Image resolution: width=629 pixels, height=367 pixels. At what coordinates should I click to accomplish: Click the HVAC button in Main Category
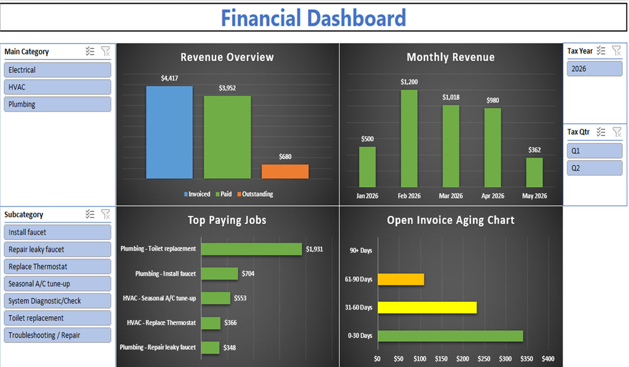(58, 87)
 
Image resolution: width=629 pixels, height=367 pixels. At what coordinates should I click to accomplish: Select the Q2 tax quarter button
(594, 168)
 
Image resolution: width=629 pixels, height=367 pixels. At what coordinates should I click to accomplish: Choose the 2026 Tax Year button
(594, 69)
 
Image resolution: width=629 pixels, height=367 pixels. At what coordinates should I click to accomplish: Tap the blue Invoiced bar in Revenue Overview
(169, 133)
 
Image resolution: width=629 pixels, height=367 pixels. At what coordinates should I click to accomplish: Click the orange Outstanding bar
(285, 171)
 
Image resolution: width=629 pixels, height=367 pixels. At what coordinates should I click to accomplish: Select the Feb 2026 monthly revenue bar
(409, 138)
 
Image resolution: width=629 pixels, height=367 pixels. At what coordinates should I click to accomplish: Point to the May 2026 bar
(534, 172)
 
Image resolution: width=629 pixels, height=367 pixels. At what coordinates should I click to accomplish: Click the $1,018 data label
(451, 97)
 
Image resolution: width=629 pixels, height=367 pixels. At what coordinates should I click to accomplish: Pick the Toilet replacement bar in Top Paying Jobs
(251, 249)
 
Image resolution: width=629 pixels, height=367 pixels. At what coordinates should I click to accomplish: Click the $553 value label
(241, 298)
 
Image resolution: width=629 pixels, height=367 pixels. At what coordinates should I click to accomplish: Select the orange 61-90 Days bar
(400, 279)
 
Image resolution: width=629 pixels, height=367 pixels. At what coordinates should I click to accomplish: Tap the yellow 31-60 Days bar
(427, 307)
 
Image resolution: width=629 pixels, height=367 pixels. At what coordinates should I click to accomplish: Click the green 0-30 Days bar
(450, 336)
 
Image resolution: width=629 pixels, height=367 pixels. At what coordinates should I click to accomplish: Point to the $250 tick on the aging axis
(484, 358)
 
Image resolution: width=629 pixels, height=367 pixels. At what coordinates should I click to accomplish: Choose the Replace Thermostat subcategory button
(58, 266)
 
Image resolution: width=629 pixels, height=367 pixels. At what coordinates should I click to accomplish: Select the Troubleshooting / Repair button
(58, 335)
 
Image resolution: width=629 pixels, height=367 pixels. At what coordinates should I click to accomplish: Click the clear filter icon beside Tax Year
(616, 51)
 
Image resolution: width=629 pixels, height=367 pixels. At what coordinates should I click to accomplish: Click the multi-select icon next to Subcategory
(90, 214)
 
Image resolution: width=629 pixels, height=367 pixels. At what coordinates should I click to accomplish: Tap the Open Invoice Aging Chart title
(450, 220)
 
